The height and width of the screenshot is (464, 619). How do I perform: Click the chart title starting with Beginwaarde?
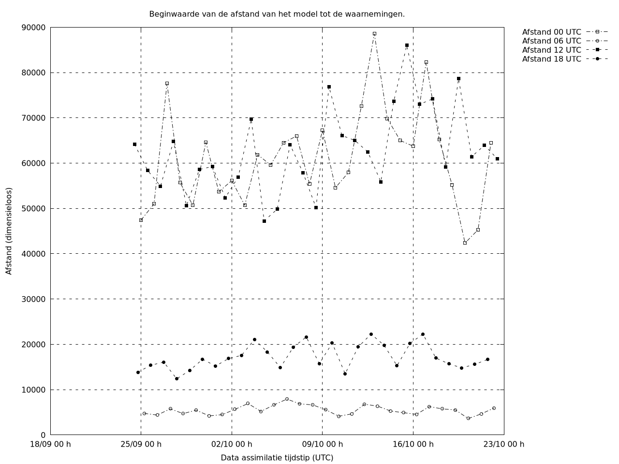click(277, 14)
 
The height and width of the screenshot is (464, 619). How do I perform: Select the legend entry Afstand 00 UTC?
click(551, 32)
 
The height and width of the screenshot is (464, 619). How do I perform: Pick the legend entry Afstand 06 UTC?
click(551, 41)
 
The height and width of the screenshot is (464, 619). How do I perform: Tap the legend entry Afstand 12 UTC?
click(551, 50)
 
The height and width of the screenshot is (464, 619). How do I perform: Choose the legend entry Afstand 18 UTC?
click(551, 59)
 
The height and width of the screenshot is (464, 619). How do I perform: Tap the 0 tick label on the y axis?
click(43, 435)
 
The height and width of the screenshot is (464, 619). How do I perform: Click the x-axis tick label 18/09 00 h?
click(50, 444)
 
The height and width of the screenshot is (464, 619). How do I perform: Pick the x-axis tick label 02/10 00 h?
click(232, 444)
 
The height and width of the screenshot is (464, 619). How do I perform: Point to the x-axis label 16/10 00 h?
click(413, 444)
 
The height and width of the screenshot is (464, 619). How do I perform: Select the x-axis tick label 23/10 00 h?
click(504, 444)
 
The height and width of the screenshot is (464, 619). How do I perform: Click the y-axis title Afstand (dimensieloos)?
click(9, 231)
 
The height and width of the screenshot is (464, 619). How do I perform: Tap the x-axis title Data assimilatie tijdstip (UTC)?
click(277, 457)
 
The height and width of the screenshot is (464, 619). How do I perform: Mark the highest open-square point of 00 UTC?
click(374, 34)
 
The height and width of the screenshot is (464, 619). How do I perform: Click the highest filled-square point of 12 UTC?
click(407, 45)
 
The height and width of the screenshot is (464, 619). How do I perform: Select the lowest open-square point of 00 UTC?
click(465, 243)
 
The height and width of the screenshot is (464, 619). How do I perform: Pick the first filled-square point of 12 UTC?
click(134, 144)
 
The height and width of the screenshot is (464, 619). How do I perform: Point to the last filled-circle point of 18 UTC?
click(487, 359)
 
